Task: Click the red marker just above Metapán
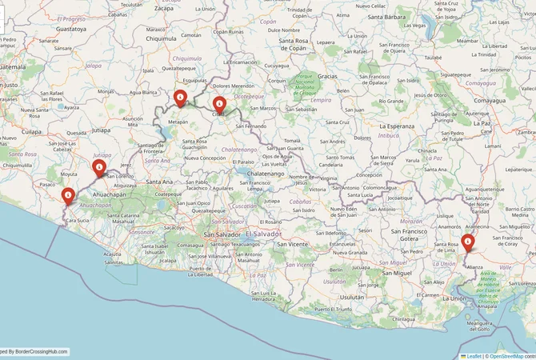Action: click(x=181, y=98)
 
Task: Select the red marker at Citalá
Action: click(x=218, y=103)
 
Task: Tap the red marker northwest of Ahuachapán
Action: click(x=99, y=168)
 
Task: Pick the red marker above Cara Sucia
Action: click(x=68, y=195)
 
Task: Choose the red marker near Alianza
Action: click(x=468, y=242)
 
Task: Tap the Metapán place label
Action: click(x=178, y=122)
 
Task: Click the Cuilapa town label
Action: click(x=30, y=130)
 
